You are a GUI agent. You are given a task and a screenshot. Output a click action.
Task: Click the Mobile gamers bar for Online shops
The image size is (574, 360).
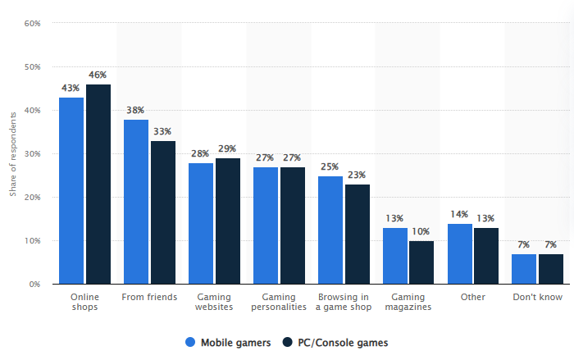[71, 190]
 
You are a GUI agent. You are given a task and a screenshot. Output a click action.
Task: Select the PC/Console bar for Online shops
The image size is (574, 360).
[98, 184]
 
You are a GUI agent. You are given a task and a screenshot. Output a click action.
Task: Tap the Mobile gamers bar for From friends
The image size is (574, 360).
[136, 202]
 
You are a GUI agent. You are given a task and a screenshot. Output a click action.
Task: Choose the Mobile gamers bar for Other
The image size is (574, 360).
[460, 253]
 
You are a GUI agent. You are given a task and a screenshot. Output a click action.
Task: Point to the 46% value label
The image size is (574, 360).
[98, 75]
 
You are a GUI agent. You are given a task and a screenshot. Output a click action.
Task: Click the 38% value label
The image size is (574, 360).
[136, 110]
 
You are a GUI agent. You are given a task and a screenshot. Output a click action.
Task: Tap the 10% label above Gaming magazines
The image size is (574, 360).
[421, 231]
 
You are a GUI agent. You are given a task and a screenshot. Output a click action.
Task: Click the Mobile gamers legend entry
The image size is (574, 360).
[226, 343]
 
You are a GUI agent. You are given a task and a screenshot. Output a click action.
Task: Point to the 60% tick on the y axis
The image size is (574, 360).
[33, 23]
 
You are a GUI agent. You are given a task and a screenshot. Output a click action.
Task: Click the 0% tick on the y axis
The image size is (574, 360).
[35, 284]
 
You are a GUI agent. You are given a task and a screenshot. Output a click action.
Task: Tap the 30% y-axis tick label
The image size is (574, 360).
[33, 153]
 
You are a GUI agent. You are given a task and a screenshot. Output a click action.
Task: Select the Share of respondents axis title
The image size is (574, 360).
[12, 153]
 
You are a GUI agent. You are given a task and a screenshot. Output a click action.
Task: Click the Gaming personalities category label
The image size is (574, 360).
[279, 302]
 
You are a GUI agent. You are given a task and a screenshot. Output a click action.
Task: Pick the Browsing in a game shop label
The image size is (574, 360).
[343, 302]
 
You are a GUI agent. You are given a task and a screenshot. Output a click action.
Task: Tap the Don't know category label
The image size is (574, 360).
[537, 297]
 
